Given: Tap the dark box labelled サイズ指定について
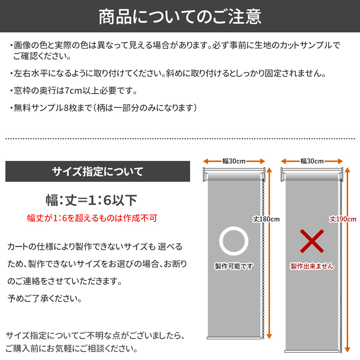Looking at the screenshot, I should pos(98,171).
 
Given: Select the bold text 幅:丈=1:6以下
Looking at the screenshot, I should pos(91,200).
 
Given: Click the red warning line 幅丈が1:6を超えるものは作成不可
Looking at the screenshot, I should pos(92,218).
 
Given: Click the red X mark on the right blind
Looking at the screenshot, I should pos(312,241).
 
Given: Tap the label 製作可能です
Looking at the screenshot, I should pos(234,266).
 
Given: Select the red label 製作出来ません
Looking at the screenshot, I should pos(312,266).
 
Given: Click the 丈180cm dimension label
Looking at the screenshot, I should pos(266,219).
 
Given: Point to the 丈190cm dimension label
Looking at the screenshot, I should pos(343,219).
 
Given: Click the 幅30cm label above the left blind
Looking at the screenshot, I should pos(234,161).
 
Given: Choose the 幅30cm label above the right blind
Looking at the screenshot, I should pos(312,161).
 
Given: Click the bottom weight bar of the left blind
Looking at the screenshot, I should pos(234,338).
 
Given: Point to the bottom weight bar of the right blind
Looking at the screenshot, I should pos(312,350).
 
